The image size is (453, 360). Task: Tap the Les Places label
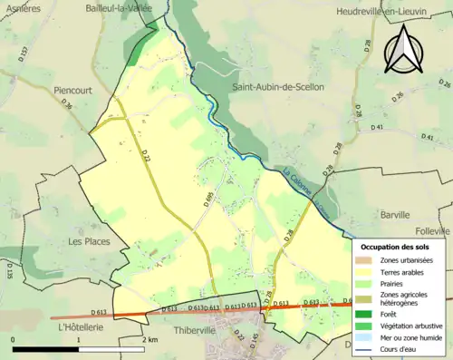tap(89, 242)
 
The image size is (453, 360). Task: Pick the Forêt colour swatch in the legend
tap(366, 313)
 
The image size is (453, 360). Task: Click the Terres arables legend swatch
tap(366, 270)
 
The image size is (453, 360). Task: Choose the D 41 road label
tap(377, 128)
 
